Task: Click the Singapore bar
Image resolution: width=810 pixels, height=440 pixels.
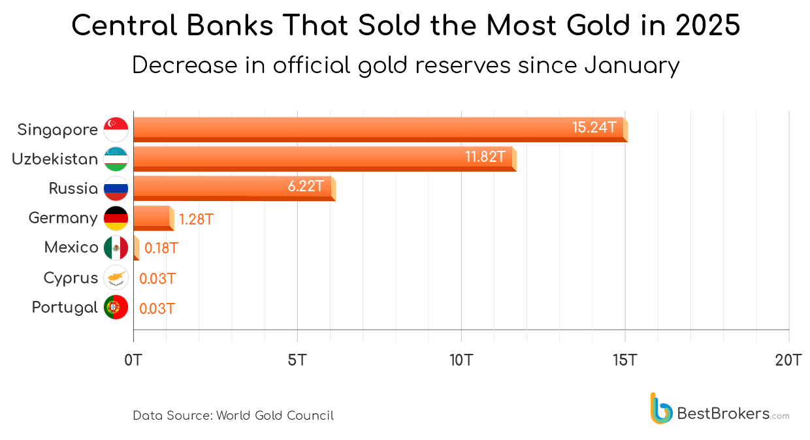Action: [379, 129]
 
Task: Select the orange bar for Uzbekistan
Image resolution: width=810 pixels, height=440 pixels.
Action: [323, 159]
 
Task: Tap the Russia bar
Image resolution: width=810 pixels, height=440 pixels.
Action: [233, 188]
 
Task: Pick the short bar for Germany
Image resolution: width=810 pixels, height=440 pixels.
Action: [153, 217]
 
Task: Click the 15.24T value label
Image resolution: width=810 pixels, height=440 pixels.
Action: [594, 128]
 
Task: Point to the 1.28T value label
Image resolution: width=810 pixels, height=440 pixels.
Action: [196, 219]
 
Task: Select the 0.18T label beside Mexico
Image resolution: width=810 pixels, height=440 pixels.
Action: [161, 249]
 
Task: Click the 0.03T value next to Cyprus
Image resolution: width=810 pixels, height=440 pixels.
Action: [157, 279]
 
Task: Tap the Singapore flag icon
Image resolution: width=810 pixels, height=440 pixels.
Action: [116, 129]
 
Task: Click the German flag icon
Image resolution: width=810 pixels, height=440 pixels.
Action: [116, 218]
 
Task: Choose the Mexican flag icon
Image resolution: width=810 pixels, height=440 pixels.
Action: [116, 248]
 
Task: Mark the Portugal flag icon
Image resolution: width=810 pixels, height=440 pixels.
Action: [116, 307]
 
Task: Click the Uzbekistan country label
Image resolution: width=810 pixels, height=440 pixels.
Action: [55, 159]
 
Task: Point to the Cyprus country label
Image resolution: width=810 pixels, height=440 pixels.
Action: [71, 278]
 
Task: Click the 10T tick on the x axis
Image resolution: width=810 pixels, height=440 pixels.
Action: [461, 360]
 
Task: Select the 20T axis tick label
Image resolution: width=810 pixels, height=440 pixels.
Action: [788, 360]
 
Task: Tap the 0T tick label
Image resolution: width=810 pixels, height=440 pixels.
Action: [133, 360]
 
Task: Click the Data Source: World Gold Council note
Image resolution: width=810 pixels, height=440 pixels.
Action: [233, 416]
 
